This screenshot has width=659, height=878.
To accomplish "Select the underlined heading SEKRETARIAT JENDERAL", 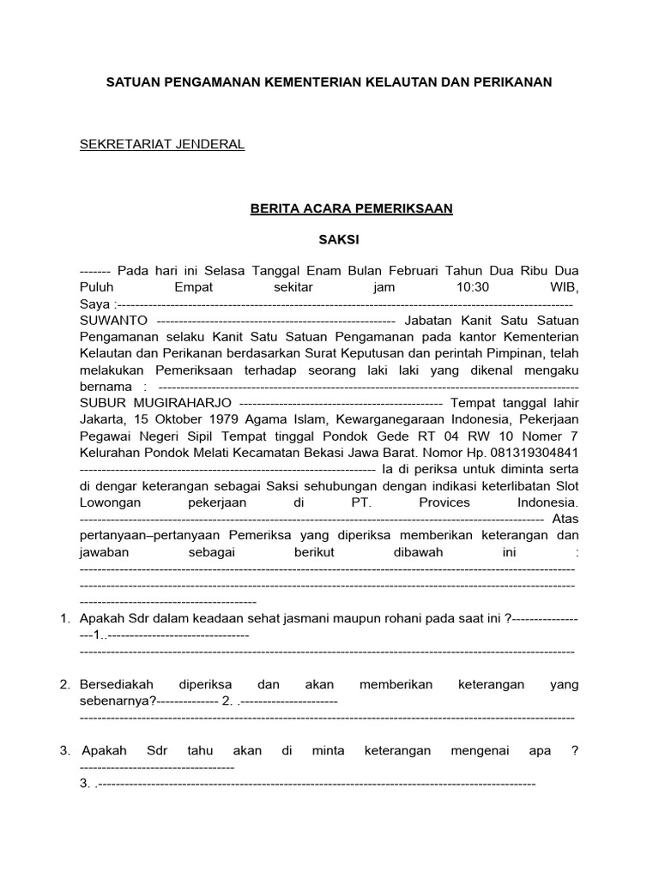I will point(162,144).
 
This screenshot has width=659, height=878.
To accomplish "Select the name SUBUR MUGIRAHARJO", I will point(155,403).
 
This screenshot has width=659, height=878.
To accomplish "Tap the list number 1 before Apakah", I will point(64,619).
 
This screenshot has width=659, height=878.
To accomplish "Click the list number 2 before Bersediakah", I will point(64,684).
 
